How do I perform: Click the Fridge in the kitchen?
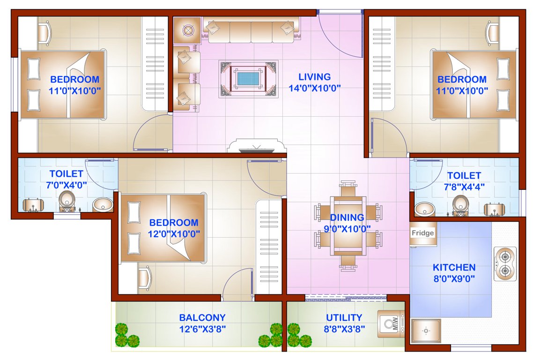coord(423,233)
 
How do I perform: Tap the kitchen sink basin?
coord(426,330)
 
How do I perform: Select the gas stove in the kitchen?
coord(505,263)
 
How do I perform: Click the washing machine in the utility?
coord(391,323)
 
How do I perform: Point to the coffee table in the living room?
coord(248,77)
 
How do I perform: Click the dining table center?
coord(347,224)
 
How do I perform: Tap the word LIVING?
coord(315,77)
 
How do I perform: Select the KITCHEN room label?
coord(454,268)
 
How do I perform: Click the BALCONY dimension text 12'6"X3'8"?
coord(202,329)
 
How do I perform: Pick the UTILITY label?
coord(344,318)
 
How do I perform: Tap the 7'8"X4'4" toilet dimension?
coord(464,186)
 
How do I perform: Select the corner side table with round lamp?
coord(187,30)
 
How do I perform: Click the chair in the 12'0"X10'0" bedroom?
coord(145,277)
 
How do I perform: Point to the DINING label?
coord(347,217)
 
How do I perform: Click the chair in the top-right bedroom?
coord(493,33)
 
